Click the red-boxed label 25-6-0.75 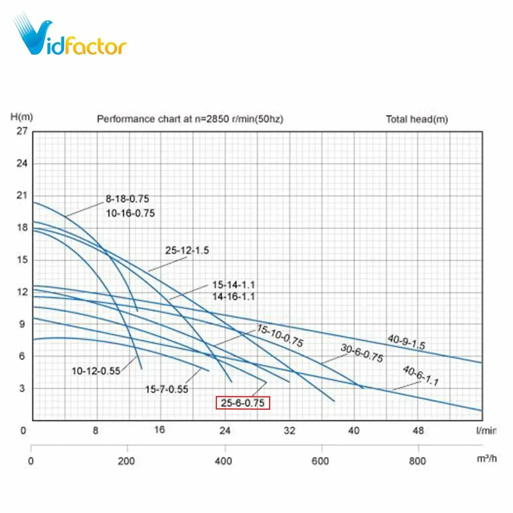[242, 403]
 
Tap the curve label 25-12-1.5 [187, 250]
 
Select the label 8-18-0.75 [127, 199]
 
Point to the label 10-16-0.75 [130, 213]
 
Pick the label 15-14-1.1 [234, 285]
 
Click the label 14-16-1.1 [234, 296]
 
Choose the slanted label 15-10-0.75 [280, 336]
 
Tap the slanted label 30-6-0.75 [362, 353]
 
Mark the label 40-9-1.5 [406, 342]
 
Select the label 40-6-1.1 [421, 376]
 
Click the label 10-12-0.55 [96, 371]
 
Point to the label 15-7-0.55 [167, 389]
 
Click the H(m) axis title [22, 117]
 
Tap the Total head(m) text [417, 119]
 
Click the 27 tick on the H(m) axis [22, 131]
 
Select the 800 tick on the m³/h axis [417, 461]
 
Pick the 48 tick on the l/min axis [418, 430]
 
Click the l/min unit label [486, 430]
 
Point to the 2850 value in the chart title [218, 119]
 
